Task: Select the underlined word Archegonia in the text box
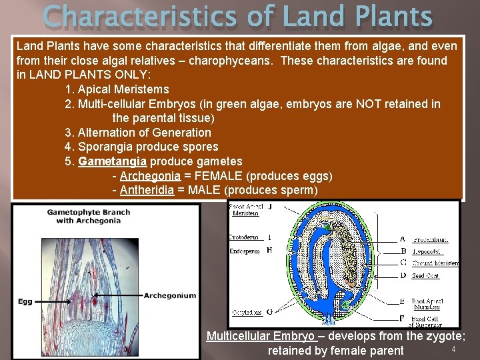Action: click(x=150, y=176)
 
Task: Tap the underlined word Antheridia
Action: click(x=147, y=191)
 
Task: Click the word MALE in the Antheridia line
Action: click(x=206, y=191)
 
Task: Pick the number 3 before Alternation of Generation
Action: click(x=67, y=132)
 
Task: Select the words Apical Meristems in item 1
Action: click(x=123, y=89)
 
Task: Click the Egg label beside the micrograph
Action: click(x=25, y=301)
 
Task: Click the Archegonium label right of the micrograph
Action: click(x=170, y=295)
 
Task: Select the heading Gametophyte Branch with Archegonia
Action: click(x=88, y=216)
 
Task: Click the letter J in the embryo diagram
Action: click(x=269, y=207)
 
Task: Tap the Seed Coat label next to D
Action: click(x=425, y=276)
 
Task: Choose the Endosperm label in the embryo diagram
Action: click(x=245, y=251)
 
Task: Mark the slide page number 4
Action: click(x=453, y=350)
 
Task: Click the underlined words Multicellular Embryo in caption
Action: click(x=261, y=336)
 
